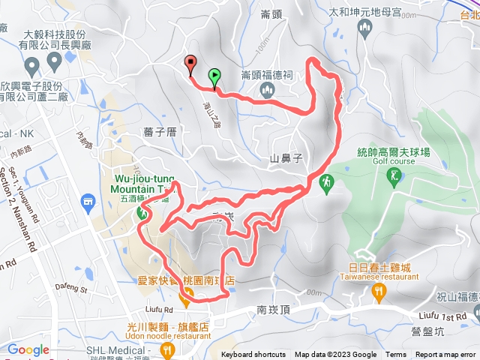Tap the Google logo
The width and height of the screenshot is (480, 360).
tap(28, 349)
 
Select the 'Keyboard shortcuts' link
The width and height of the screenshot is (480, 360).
tap(253, 355)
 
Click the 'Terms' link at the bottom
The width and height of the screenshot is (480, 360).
tap(396, 355)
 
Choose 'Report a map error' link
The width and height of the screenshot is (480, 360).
tap(446, 355)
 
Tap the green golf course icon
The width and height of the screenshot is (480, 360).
tap(394, 176)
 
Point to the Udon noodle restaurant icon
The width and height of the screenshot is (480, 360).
tap(169, 349)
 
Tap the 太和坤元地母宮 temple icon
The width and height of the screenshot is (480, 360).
tap(364, 29)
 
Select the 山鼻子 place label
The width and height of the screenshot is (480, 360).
tap(285, 159)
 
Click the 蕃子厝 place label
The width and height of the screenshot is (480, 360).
tap(159, 130)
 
